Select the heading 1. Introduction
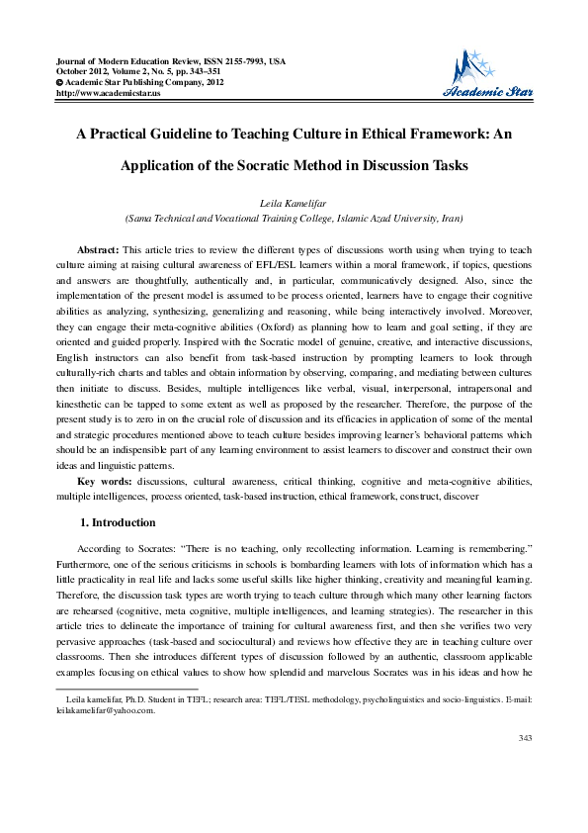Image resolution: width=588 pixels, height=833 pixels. [116, 521]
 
